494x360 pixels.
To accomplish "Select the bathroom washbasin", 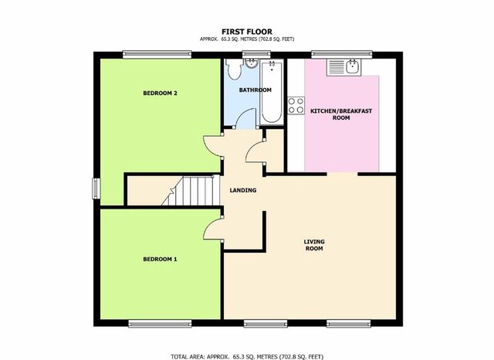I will (x=252, y=65).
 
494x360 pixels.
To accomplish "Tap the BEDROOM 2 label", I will (x=161, y=93).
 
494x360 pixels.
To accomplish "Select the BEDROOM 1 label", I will (x=161, y=258).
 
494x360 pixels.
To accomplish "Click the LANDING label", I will (x=243, y=190).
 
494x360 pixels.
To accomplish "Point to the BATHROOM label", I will (x=255, y=90).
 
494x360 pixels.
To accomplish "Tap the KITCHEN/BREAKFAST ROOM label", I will (x=341, y=116).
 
